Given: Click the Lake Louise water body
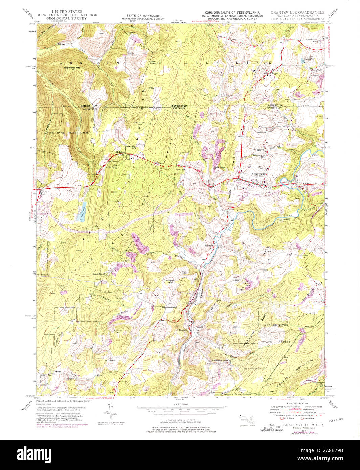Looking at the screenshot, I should pyautogui.click(x=83, y=212).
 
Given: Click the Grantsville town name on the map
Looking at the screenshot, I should pyautogui.click(x=260, y=174).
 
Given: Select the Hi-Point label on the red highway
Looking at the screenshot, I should pyautogui.click(x=120, y=152).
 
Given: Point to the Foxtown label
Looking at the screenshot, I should pyautogui.click(x=57, y=371).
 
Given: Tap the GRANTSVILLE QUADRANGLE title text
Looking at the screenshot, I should pyautogui.click(x=297, y=12).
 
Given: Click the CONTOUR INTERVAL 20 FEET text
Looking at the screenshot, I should pyautogui.click(x=180, y=419).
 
